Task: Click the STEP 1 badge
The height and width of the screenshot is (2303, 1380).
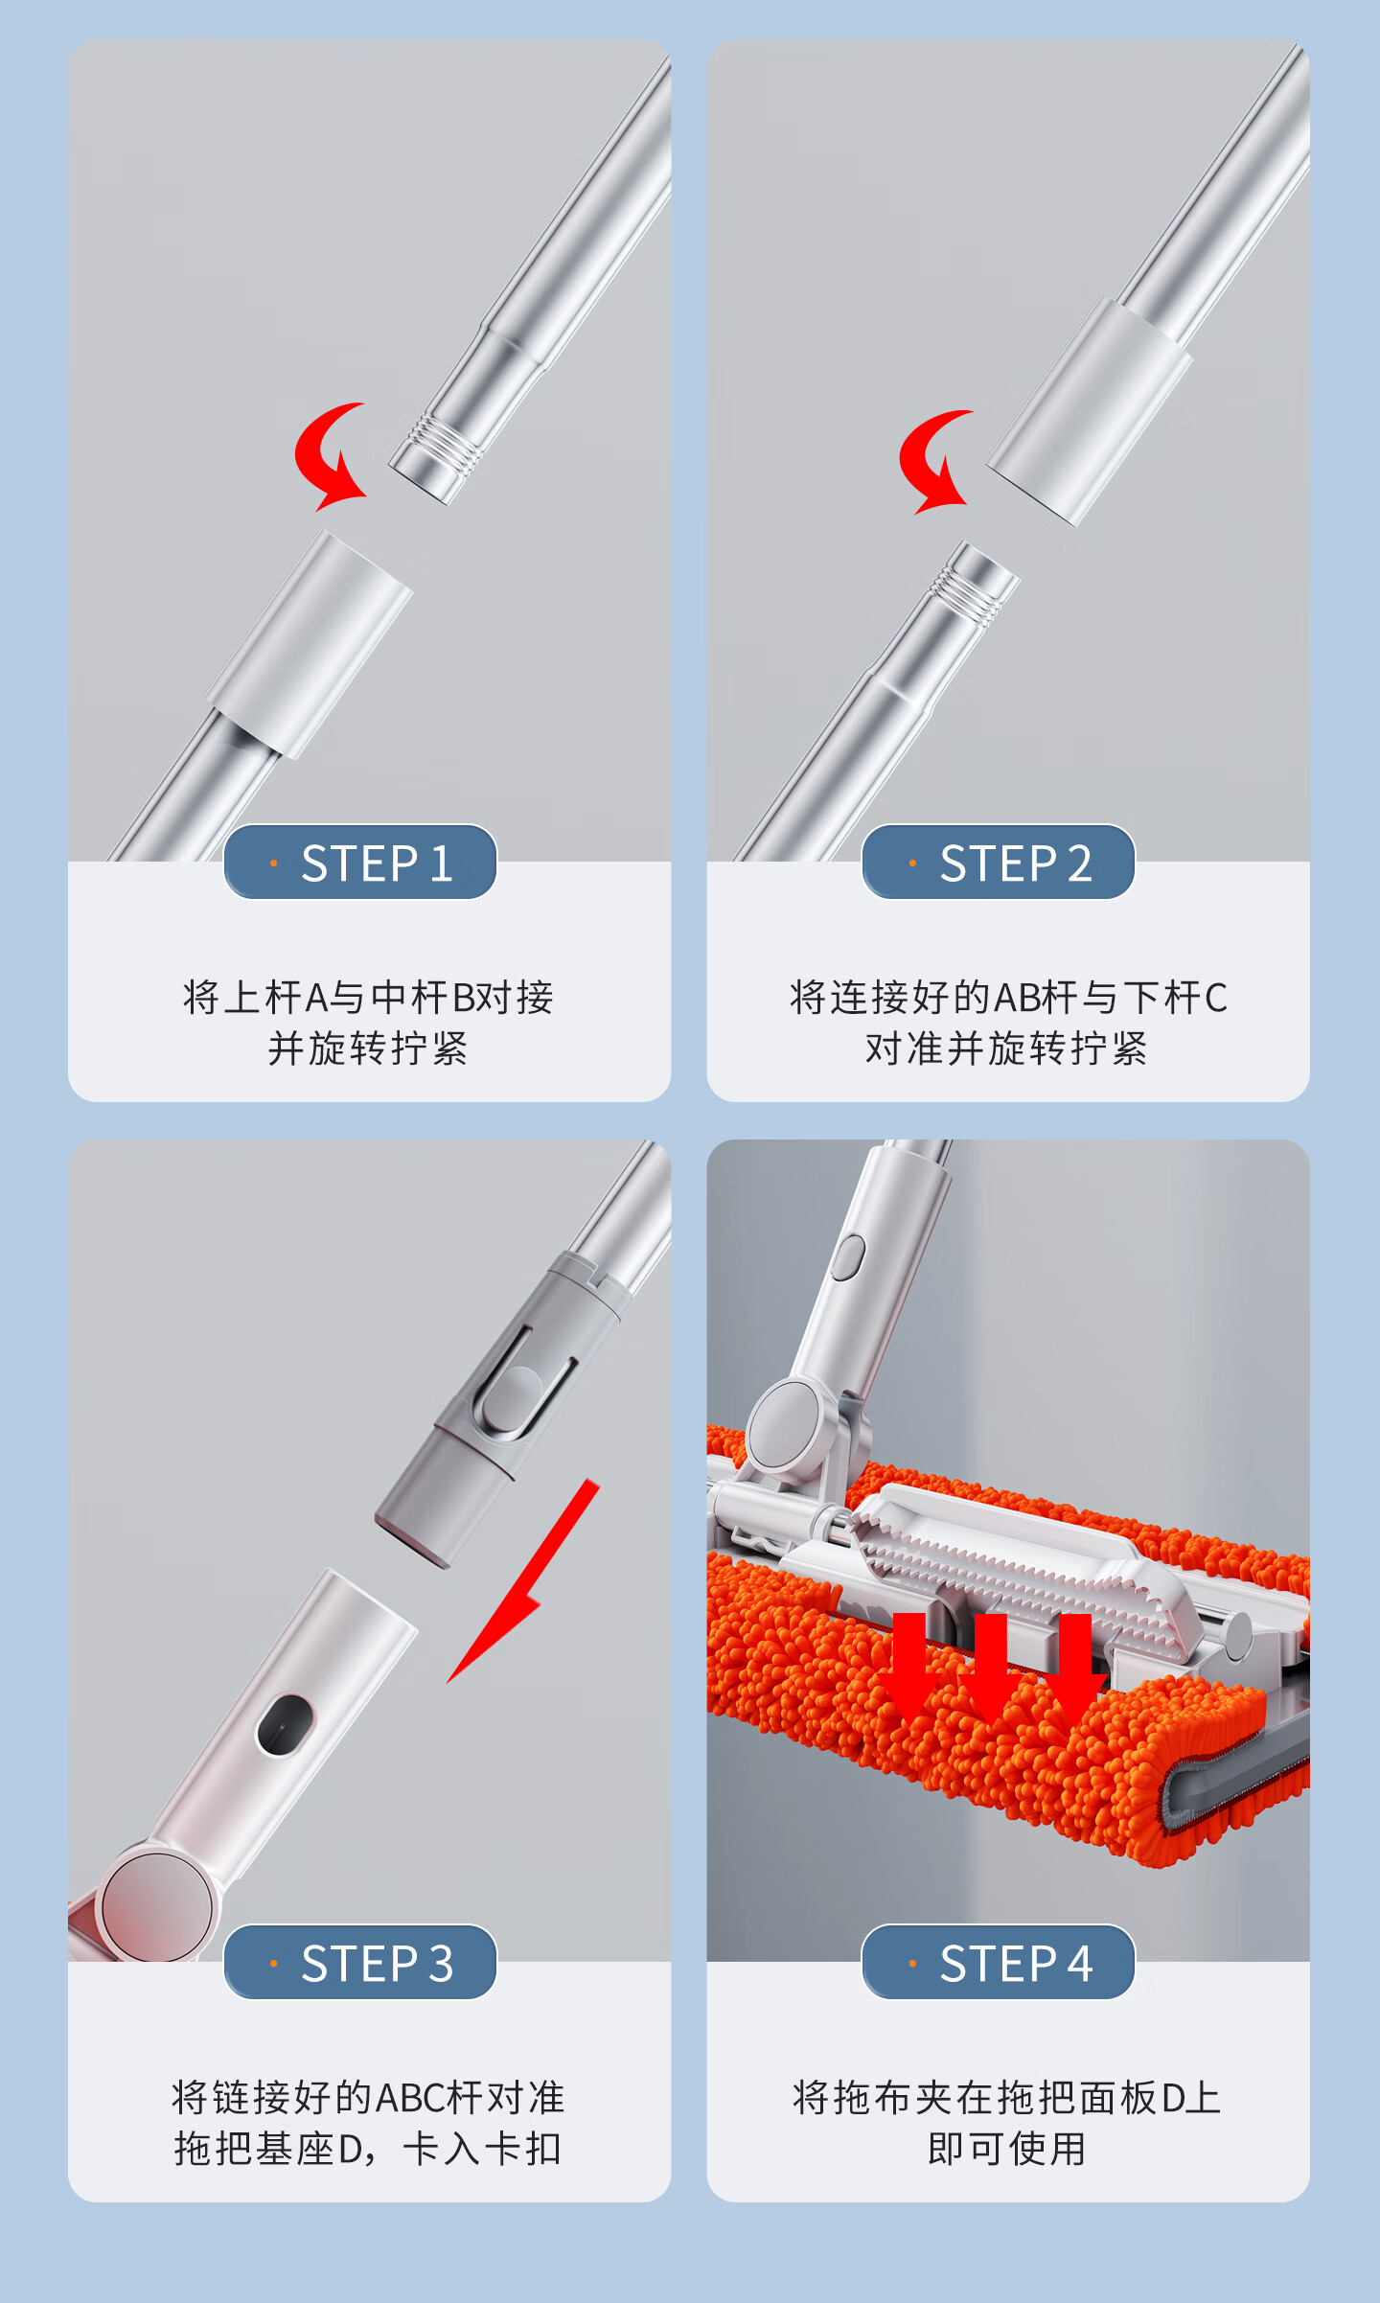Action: (360, 862)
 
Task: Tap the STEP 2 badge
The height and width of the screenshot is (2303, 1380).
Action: (999, 862)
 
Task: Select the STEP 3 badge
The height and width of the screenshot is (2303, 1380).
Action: (360, 1962)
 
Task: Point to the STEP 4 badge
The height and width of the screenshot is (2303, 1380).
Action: (999, 1962)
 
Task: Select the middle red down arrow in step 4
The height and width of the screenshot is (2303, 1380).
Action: (992, 1667)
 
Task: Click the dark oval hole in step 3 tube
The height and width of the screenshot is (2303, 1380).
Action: (285, 1725)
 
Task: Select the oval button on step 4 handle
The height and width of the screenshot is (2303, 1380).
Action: (847, 1257)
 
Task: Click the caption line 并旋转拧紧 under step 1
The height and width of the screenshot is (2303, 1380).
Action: (368, 1048)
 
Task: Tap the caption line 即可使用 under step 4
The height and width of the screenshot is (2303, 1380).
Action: (1007, 2149)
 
